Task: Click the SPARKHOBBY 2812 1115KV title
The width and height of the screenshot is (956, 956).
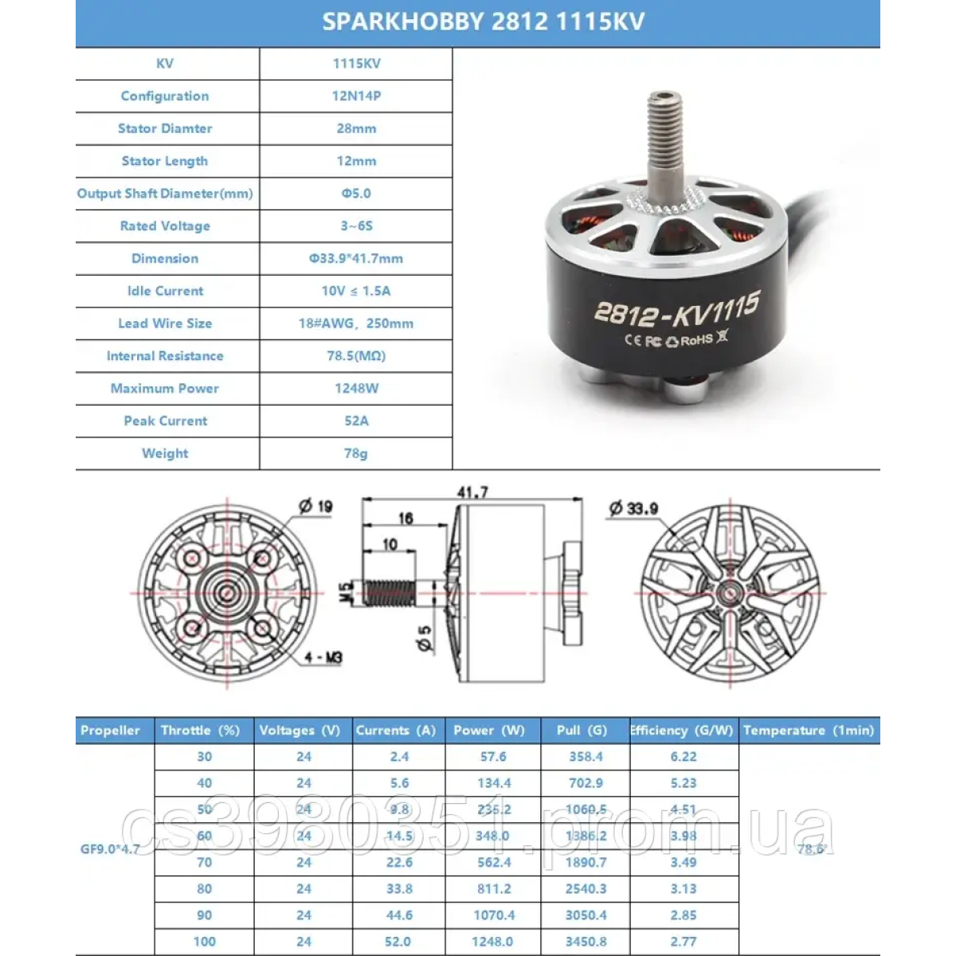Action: (483, 22)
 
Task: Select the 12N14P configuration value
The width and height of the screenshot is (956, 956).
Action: (356, 96)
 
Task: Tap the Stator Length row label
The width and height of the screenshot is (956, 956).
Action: (165, 161)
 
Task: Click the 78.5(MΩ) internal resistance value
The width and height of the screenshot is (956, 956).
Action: (356, 356)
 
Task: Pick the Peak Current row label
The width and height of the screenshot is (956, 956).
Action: (165, 421)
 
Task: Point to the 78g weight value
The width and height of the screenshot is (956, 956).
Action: (356, 453)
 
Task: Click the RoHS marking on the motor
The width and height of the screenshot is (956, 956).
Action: (696, 340)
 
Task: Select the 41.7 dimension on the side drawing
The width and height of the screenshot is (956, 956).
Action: (472, 493)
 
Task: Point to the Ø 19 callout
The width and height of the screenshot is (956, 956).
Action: (315, 507)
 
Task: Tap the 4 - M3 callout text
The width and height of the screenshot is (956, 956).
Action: (323, 658)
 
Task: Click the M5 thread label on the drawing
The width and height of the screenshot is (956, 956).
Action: (346, 592)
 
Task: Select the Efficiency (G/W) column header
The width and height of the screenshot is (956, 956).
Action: (682, 731)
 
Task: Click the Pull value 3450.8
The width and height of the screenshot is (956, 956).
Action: (586, 942)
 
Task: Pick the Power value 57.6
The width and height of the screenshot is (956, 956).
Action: (493, 757)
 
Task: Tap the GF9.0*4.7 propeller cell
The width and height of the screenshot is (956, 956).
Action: (110, 849)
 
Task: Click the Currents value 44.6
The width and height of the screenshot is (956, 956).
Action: (399, 915)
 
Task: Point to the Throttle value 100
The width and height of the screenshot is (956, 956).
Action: (205, 942)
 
